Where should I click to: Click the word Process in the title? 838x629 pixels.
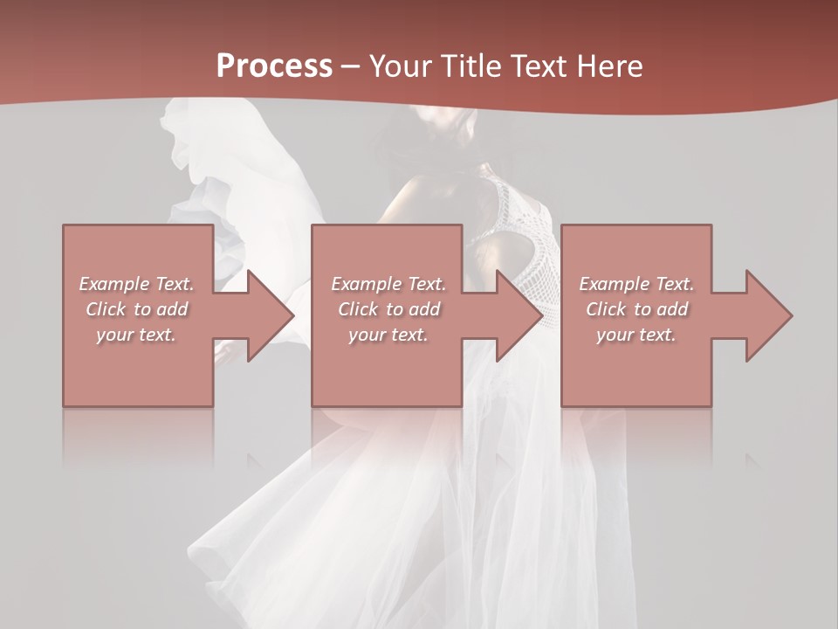(x=274, y=66)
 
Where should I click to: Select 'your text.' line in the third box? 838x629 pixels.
(x=635, y=335)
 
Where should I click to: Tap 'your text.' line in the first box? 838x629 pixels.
(x=136, y=335)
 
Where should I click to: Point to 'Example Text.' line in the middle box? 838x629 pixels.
(x=388, y=284)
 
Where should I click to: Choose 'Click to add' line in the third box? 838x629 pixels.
(x=637, y=309)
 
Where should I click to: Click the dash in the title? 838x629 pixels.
(x=351, y=66)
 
